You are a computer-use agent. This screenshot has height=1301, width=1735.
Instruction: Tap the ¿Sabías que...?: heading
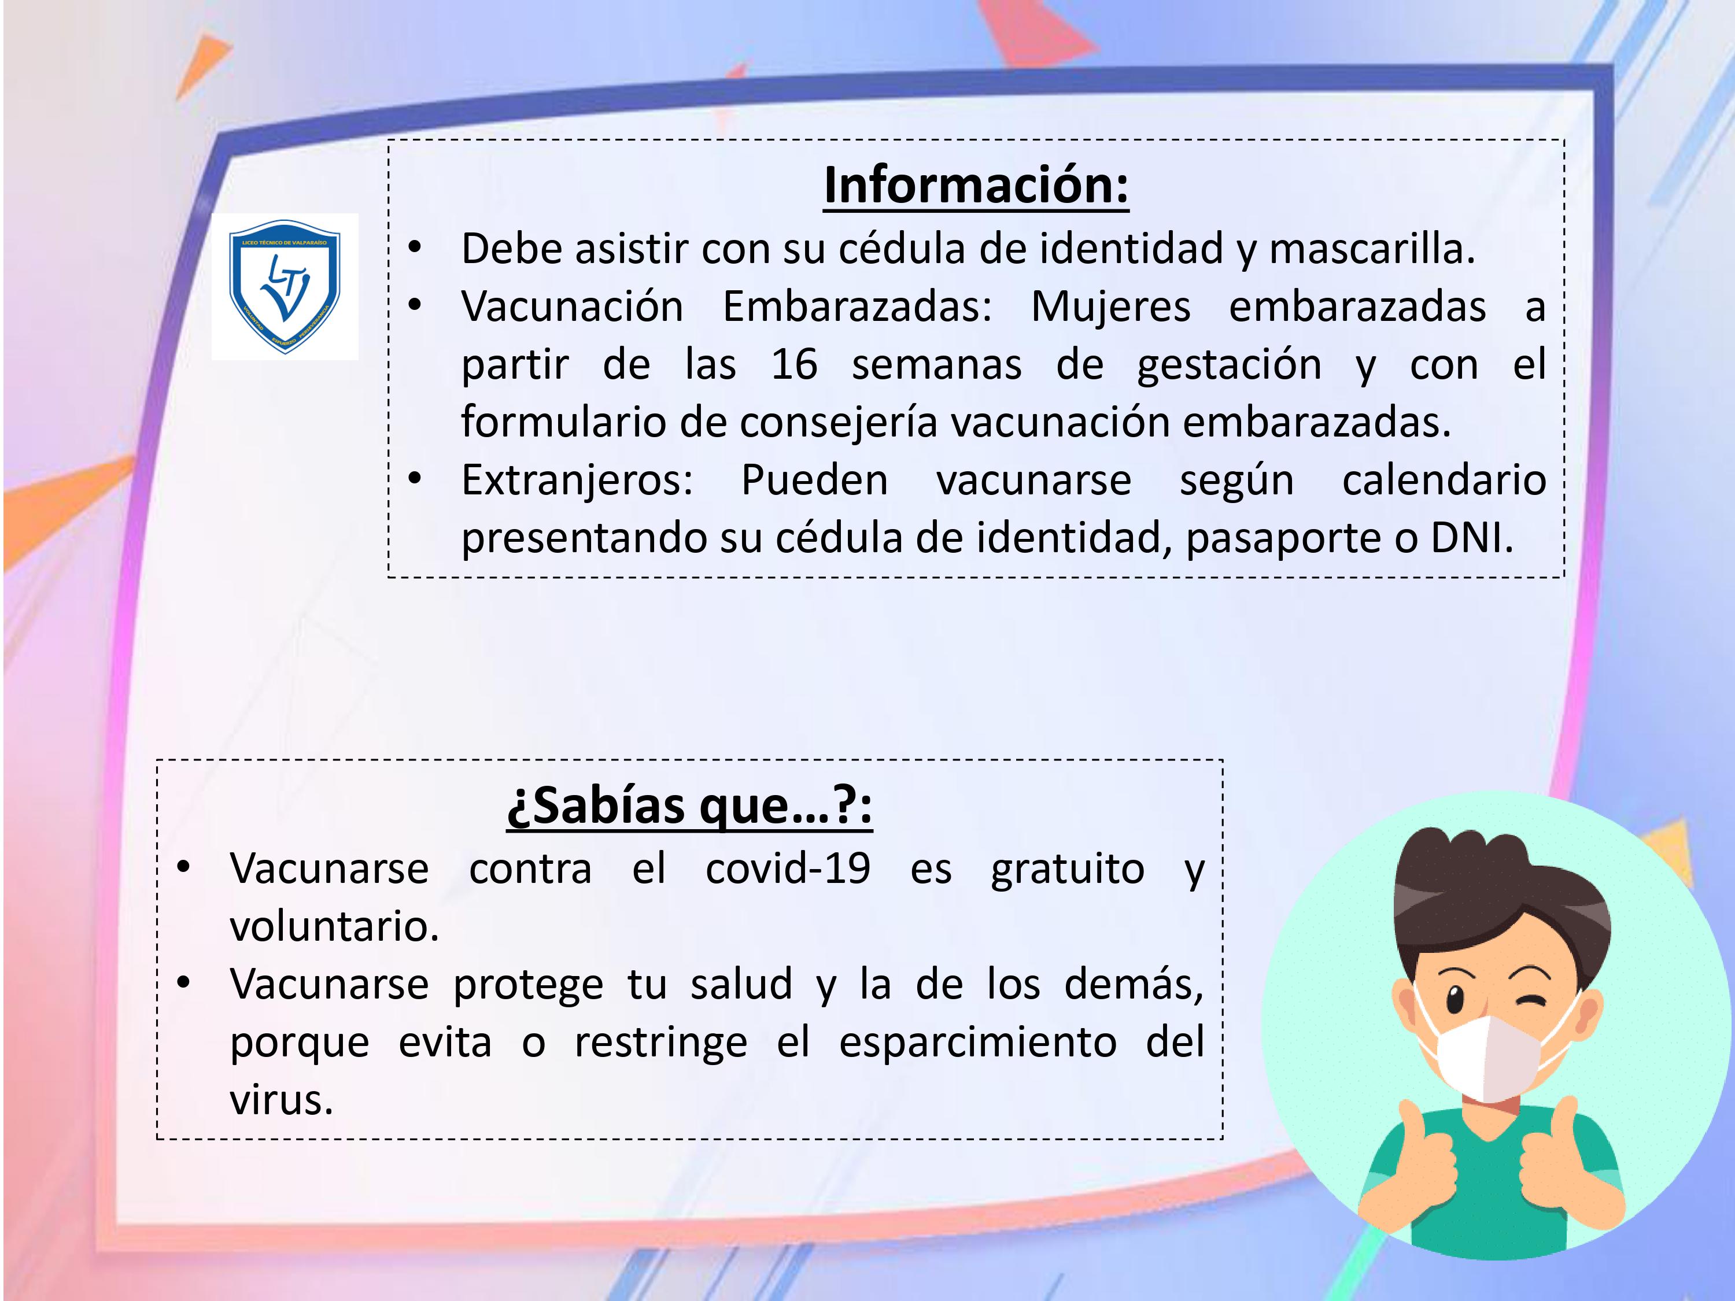pyautogui.click(x=689, y=805)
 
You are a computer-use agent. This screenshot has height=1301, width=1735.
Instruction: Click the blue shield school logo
pyautogui.click(x=285, y=286)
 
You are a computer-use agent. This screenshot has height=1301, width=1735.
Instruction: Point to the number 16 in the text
pyautogui.click(x=794, y=365)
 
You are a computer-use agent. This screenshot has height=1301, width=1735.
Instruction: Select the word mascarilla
pyautogui.click(x=1372, y=249)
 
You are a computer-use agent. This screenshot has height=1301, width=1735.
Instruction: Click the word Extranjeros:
pyautogui.click(x=577, y=481)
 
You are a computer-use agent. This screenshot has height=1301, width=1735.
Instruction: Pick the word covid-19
pyautogui.click(x=788, y=869)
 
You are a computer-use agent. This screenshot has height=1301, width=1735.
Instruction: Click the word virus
pyautogui.click(x=281, y=1100)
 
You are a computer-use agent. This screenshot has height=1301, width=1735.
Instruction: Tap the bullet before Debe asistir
pyautogui.click(x=415, y=249)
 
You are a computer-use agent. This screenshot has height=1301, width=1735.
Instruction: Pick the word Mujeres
pyautogui.click(x=1110, y=306)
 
